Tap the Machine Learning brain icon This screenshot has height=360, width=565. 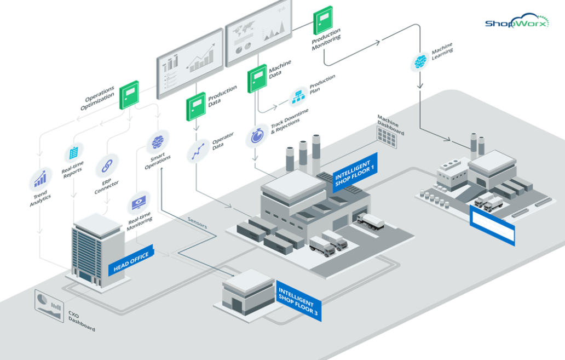pos(420,62)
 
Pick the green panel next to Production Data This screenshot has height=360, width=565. pos(195,106)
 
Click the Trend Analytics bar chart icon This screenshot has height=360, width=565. pos(40,179)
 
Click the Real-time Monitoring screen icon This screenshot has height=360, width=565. pos(137,204)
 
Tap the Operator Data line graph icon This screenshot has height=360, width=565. pos(196,152)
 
